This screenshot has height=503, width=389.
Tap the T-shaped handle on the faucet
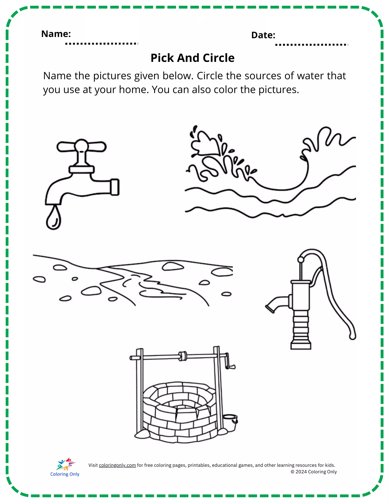(81, 146)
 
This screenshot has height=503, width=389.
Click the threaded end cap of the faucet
(115, 187)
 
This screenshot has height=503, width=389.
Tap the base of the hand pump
(301, 344)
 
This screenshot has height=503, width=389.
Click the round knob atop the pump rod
(301, 260)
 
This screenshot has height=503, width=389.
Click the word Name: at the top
(56, 34)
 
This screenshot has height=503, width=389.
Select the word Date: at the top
(263, 35)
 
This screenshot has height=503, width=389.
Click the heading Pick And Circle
(193, 58)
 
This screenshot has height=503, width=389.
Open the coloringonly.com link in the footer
(117, 465)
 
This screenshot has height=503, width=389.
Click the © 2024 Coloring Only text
(314, 472)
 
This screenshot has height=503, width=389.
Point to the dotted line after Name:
(102, 44)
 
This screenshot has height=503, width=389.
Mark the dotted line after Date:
(312, 45)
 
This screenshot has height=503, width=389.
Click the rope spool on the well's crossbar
(183, 356)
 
